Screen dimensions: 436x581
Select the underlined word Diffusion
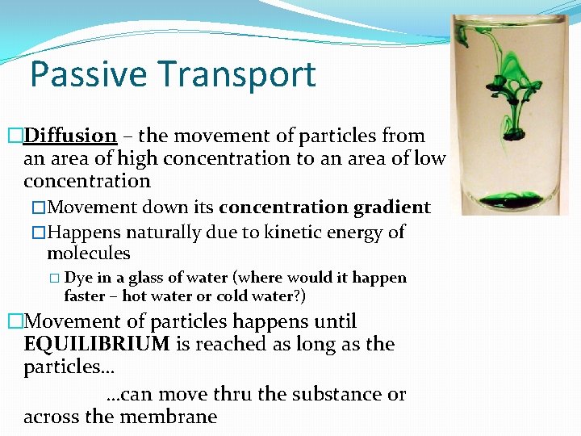coord(70,136)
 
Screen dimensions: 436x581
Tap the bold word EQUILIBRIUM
coord(97,345)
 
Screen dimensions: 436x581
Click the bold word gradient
coord(391,208)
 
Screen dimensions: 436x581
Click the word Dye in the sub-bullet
coord(77,278)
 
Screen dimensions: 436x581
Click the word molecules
coord(88,254)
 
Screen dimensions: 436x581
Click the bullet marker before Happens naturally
coord(39,233)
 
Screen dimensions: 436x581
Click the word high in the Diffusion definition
coord(137,159)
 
